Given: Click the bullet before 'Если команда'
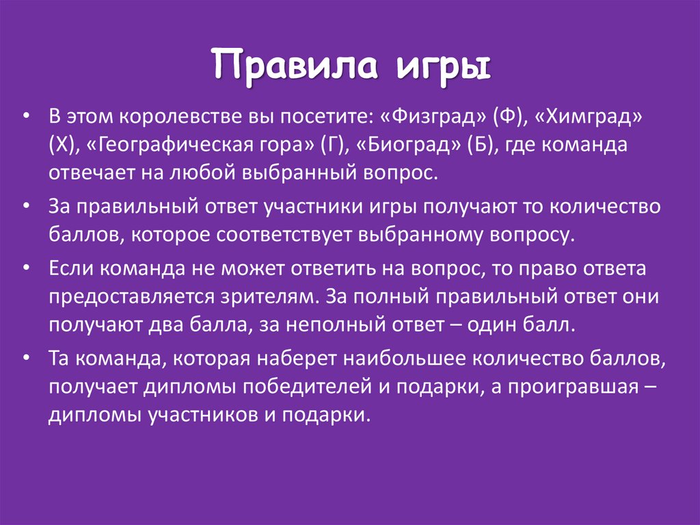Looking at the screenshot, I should click(x=25, y=268).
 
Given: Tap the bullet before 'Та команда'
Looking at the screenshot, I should click(x=25, y=358).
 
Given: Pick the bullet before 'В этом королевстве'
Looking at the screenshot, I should click(x=25, y=116).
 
